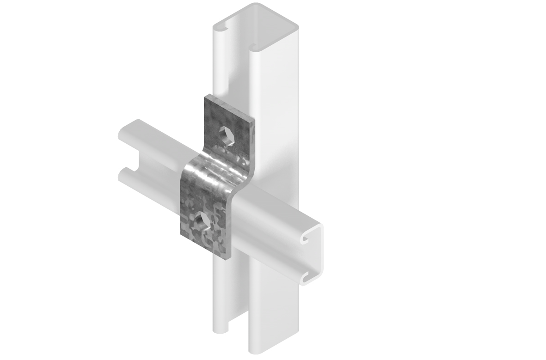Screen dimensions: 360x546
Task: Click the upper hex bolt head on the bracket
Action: [x=227, y=135]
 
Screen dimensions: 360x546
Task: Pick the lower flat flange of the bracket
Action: [x=203, y=226]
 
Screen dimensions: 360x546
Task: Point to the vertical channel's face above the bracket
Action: [x=273, y=92]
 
